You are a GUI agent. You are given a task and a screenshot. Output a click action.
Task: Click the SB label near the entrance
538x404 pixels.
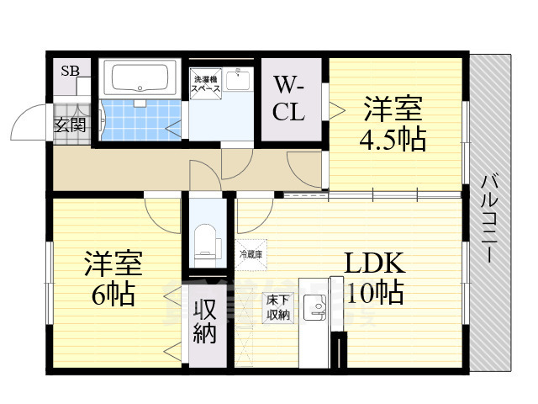pos(70,71)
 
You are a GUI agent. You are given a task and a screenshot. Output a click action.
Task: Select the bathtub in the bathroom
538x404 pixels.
pos(140,81)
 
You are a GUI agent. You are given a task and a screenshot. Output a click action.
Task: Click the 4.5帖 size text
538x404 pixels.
pos(392,139)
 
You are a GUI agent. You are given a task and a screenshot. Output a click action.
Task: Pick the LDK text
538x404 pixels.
pos(375,263)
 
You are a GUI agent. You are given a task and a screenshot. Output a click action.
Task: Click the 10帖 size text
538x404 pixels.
pos(374,293)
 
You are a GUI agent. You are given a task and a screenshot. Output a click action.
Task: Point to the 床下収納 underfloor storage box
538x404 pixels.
pos(277,307)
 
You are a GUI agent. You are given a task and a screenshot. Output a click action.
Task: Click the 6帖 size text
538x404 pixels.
pos(112,295)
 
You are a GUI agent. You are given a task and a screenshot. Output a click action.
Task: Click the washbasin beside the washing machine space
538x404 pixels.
pos(241,80)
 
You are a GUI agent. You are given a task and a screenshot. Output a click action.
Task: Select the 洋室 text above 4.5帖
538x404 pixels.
pos(393,109)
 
